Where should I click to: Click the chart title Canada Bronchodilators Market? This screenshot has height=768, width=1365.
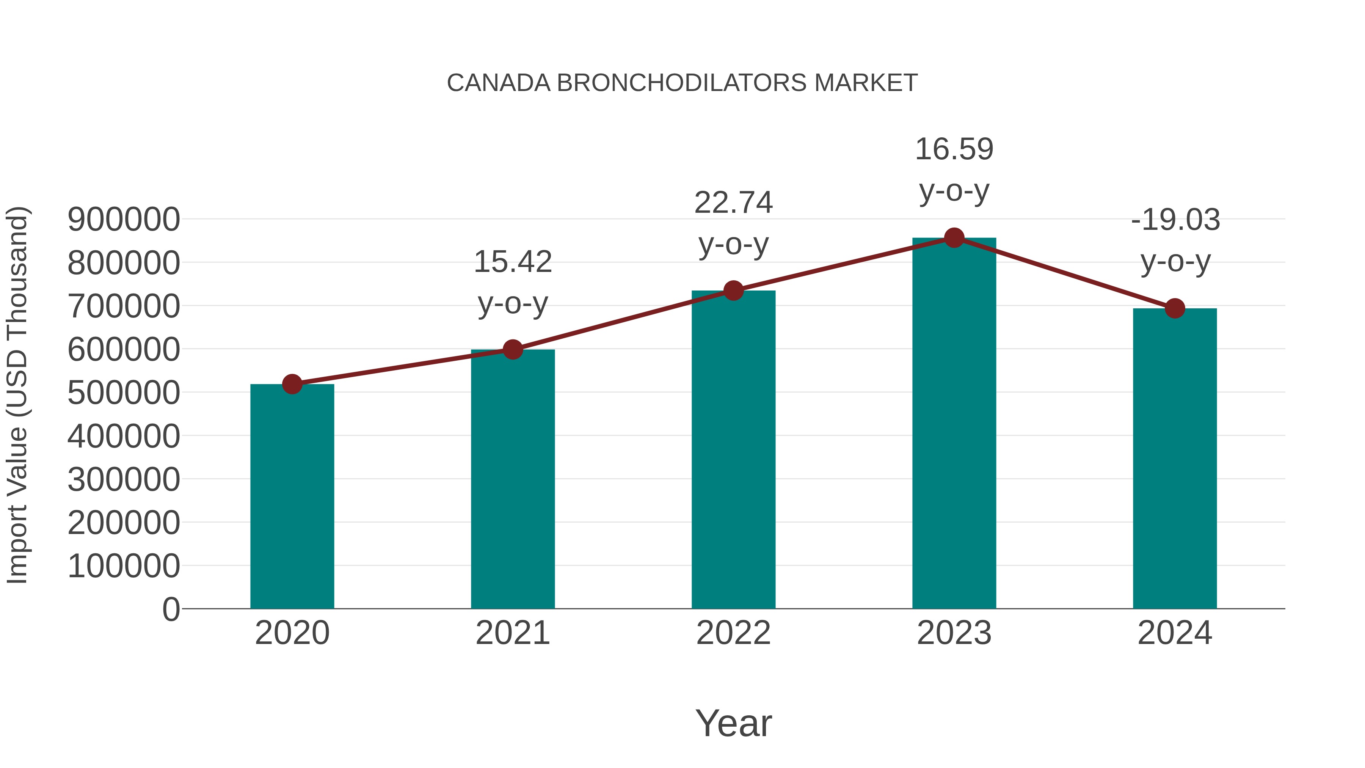point(682,83)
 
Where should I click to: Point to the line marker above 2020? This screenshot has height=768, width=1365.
point(292,384)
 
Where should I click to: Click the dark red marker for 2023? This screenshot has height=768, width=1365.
point(954,238)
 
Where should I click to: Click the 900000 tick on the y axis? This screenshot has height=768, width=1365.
point(124,220)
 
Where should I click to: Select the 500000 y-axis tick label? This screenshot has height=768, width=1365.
point(124,393)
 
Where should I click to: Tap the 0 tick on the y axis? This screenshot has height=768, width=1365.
point(171,609)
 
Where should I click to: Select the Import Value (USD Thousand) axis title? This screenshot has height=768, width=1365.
point(17,395)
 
